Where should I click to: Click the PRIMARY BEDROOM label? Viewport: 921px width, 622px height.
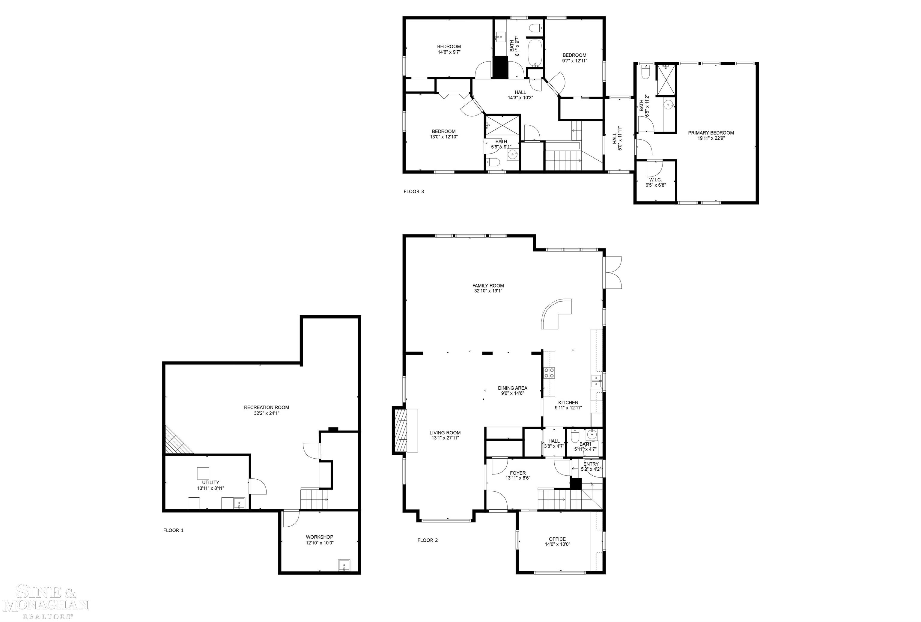click(x=711, y=133)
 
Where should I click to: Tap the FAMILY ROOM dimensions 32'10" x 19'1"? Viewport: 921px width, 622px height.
click(x=488, y=291)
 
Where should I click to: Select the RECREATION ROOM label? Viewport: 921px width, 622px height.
click(x=266, y=407)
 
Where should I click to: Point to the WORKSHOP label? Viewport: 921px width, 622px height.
click(x=319, y=537)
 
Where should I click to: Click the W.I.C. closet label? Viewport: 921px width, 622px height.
click(x=655, y=180)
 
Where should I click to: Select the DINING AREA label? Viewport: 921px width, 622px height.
click(x=512, y=388)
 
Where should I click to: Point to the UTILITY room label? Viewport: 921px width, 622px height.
click(x=210, y=483)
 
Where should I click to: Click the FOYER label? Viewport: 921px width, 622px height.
click(x=517, y=473)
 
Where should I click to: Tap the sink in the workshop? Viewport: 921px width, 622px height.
click(x=344, y=565)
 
